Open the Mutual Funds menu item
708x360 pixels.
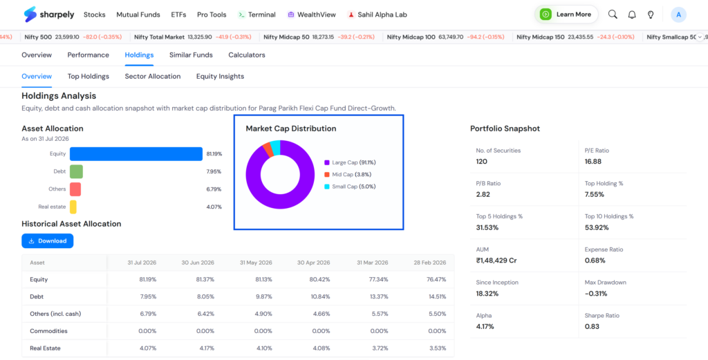138,15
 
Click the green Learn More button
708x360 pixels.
566,15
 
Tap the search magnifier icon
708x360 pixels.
613,15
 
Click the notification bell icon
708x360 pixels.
632,15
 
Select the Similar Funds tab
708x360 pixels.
191,55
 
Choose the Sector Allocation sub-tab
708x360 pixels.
153,76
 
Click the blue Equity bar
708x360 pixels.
136,154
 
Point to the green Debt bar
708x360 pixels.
76,171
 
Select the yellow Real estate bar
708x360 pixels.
73,207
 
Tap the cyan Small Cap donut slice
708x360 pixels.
275,147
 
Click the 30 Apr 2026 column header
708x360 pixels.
314,262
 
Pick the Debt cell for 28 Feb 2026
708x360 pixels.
437,296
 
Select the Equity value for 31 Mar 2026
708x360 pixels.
378,279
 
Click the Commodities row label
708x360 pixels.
49,331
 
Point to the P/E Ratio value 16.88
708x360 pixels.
593,162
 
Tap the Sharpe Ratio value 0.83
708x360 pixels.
592,326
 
